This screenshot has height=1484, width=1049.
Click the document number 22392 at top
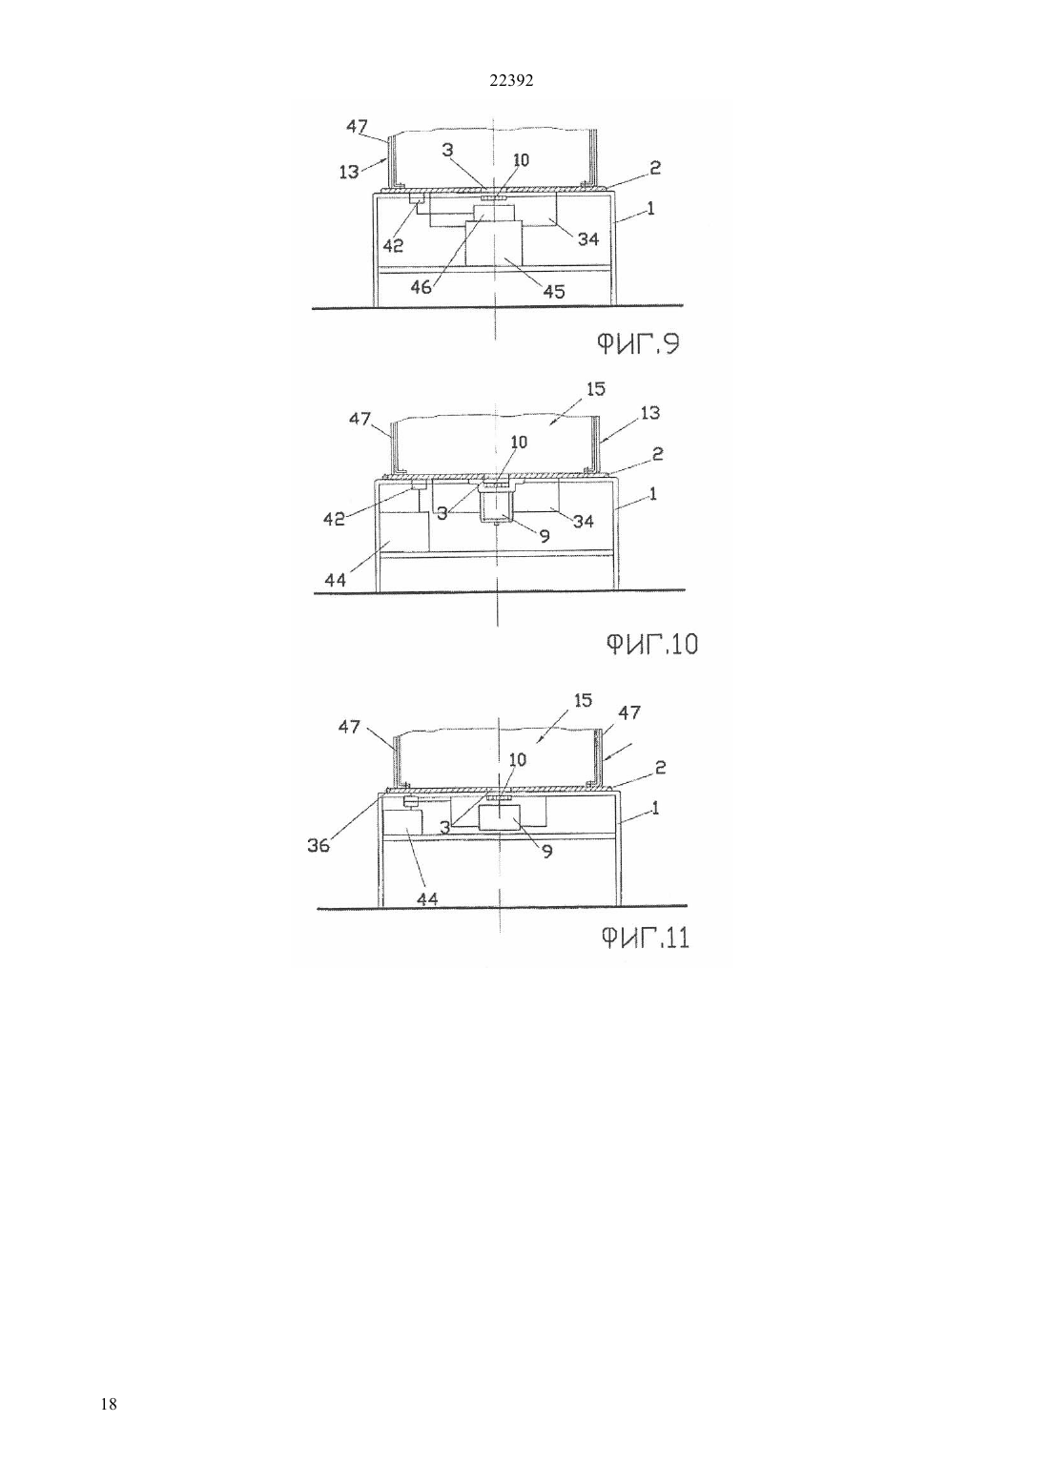pyautogui.click(x=510, y=81)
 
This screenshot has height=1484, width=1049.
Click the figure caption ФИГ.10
pyautogui.click(x=651, y=643)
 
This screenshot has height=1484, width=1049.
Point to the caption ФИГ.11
pyautogui.click(x=645, y=938)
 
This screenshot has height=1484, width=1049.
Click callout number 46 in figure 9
pyautogui.click(x=422, y=287)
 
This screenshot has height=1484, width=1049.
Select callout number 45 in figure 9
pyautogui.click(x=554, y=291)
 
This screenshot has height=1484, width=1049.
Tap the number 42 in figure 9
pyautogui.click(x=393, y=246)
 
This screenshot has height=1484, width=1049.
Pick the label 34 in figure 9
pyautogui.click(x=588, y=239)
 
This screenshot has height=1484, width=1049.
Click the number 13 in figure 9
pyautogui.click(x=348, y=172)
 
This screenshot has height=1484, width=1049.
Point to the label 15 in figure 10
pyautogui.click(x=596, y=389)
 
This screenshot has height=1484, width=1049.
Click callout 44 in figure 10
pyautogui.click(x=335, y=581)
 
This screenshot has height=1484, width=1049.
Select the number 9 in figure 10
pyautogui.click(x=545, y=536)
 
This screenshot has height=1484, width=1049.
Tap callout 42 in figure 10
pyautogui.click(x=334, y=520)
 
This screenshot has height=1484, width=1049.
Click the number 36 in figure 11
pyautogui.click(x=319, y=845)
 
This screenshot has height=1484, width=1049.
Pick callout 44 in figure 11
pyautogui.click(x=427, y=898)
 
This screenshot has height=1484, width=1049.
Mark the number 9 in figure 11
pyautogui.click(x=547, y=852)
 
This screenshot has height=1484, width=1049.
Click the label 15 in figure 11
pyautogui.click(x=583, y=700)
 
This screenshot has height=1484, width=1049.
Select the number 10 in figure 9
pyautogui.click(x=522, y=159)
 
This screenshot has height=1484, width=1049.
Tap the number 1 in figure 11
pyautogui.click(x=655, y=808)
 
